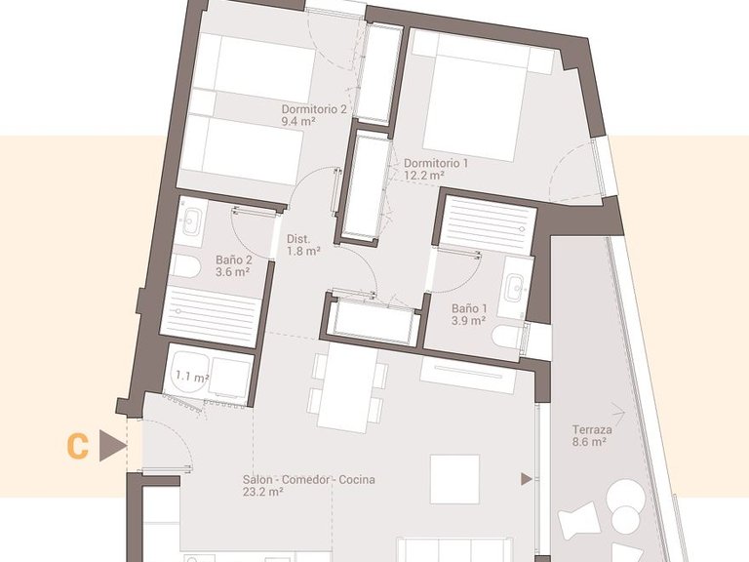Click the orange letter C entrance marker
tap(78, 447)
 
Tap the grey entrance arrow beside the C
tap(113, 447)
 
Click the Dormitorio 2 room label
tap(314, 109)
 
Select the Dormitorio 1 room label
tap(436, 163)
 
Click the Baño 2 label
tap(233, 261)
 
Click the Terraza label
tap(593, 429)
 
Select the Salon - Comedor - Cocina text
tap(309, 480)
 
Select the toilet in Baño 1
tap(509, 338)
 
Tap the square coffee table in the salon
tap(454, 479)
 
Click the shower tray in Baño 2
tap(211, 315)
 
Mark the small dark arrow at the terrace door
tap(527, 479)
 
